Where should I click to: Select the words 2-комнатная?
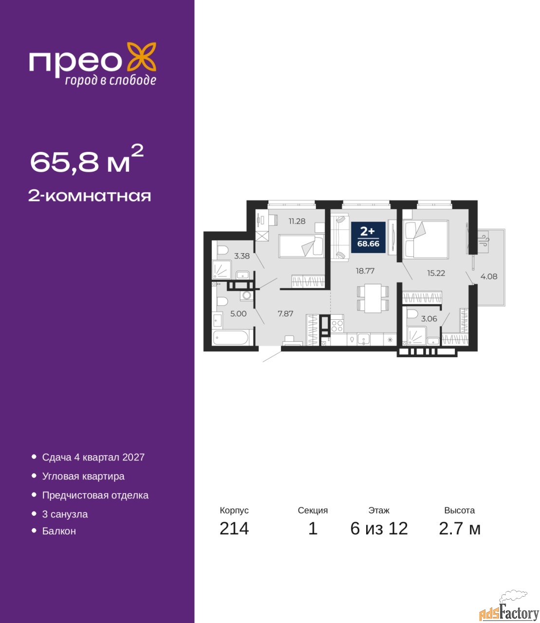coord(90,196)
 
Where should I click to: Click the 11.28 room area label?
coord(297,221)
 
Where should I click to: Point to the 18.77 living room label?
coord(365,271)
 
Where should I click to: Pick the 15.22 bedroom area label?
coord(436,273)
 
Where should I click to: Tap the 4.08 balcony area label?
coord(489,276)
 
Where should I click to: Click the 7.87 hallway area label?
coord(285,313)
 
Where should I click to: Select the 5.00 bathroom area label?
coord(239,313)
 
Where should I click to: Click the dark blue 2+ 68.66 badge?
coord(368,238)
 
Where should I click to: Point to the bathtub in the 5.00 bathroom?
coord(231,338)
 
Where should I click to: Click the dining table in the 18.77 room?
coord(373,298)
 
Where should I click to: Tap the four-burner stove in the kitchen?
coord(337,326)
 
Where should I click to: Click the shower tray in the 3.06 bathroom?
coord(416,336)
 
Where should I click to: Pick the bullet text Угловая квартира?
coord(83,476)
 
